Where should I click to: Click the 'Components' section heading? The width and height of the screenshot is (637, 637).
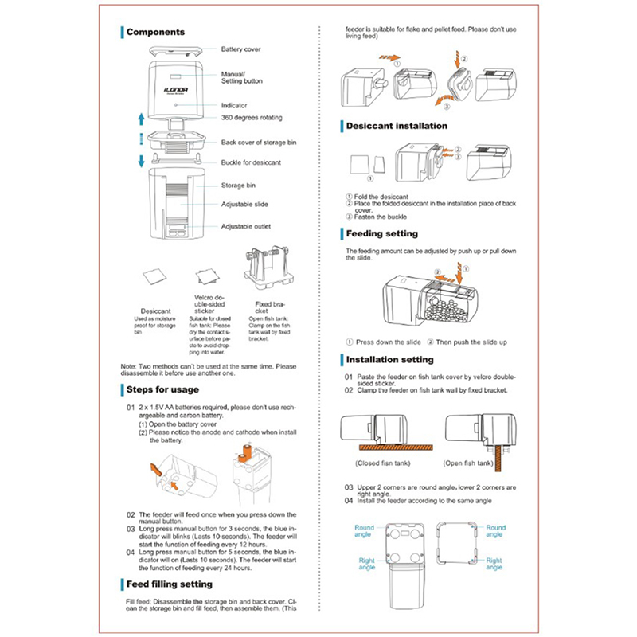click(x=156, y=33)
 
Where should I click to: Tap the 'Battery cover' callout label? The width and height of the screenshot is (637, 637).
click(x=241, y=49)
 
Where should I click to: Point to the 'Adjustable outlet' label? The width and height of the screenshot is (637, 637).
click(x=245, y=226)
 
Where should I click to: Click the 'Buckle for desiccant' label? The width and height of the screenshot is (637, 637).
click(x=250, y=162)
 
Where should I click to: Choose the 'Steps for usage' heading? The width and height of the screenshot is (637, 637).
click(x=163, y=389)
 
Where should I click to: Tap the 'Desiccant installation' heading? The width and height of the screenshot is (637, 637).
click(x=397, y=126)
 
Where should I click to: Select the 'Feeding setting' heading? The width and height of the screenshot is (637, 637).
click(x=383, y=234)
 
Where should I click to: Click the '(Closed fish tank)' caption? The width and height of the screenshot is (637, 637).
click(x=380, y=462)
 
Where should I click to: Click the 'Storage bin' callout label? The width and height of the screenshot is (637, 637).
click(x=237, y=186)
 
